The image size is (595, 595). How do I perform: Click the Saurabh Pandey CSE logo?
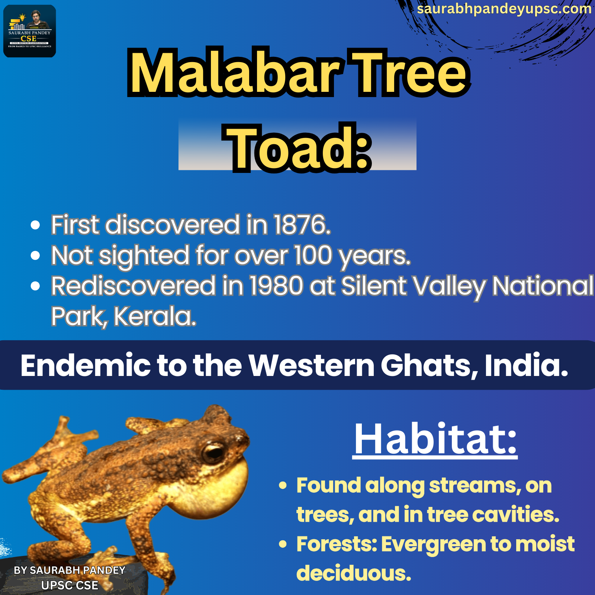pyautogui.click(x=30, y=31)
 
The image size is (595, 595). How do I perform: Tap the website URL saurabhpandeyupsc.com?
pyautogui.click(x=504, y=9)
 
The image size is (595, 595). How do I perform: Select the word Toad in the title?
pyautogui.click(x=291, y=148)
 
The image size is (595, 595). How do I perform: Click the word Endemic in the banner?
pyautogui.click(x=86, y=365)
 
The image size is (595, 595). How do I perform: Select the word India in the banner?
pyautogui.click(x=527, y=365)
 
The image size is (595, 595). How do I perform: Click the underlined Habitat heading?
pyautogui.click(x=435, y=440)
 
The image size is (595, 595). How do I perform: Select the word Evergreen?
pyautogui.click(x=434, y=545)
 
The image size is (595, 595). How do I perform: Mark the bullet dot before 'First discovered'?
pyautogui.click(x=35, y=225)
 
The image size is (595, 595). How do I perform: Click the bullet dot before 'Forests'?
pyautogui.click(x=283, y=544)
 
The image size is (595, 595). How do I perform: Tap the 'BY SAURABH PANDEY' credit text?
pyautogui.click(x=70, y=570)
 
